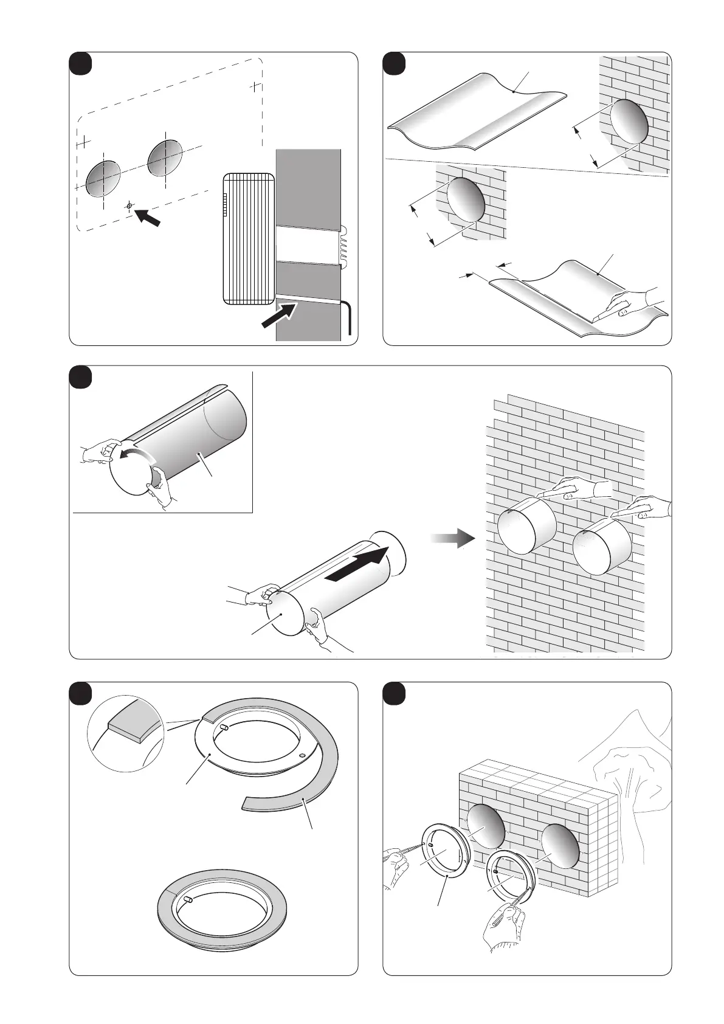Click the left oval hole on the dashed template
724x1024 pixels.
(x=103, y=178)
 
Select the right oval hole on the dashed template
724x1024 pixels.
(x=165, y=157)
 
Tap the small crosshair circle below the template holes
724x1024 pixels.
(x=129, y=206)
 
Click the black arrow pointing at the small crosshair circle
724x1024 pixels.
(x=147, y=217)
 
